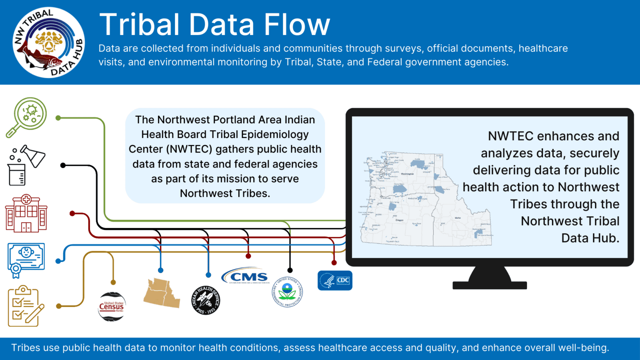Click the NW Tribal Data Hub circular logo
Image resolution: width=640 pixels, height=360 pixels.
[49, 42]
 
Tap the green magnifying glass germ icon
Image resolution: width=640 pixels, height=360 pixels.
[27, 117]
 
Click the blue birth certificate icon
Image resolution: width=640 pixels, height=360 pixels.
[26, 260]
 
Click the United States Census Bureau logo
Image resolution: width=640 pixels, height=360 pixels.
[112, 307]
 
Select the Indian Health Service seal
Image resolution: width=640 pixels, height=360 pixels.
[206, 300]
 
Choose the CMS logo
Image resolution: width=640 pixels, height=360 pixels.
[245, 277]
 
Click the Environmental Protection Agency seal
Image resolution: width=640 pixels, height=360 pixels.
[287, 292]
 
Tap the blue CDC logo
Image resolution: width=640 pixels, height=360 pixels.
[335, 280]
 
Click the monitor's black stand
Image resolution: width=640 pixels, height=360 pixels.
[490, 279]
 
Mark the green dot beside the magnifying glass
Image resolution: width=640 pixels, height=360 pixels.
[58, 118]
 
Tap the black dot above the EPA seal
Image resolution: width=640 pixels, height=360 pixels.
[290, 270]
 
